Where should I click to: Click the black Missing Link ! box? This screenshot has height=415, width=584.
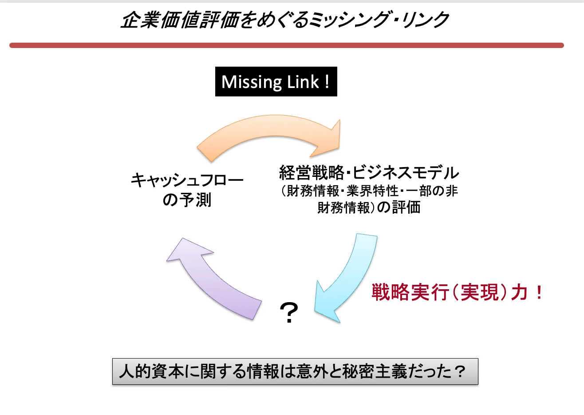pyautogui.click(x=276, y=82)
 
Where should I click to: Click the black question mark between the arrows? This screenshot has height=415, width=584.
pyautogui.click(x=289, y=313)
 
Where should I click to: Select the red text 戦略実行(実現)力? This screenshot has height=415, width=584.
pyautogui.click(x=457, y=292)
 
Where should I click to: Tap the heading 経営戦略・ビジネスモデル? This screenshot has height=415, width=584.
pyautogui.click(x=369, y=172)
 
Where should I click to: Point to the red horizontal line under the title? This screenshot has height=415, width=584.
pyautogui.click(x=286, y=45)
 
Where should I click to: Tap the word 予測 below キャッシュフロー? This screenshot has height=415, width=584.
pyautogui.click(x=196, y=200)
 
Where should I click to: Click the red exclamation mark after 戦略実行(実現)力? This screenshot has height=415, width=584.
pyautogui.click(x=539, y=292)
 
